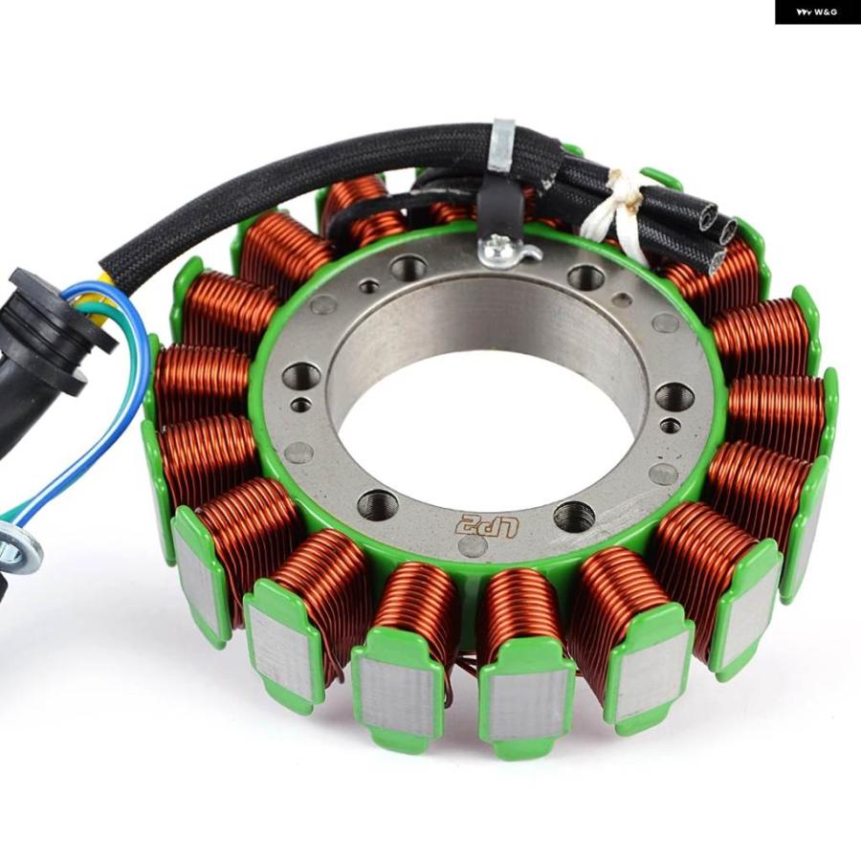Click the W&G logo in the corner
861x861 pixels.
(818, 11)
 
